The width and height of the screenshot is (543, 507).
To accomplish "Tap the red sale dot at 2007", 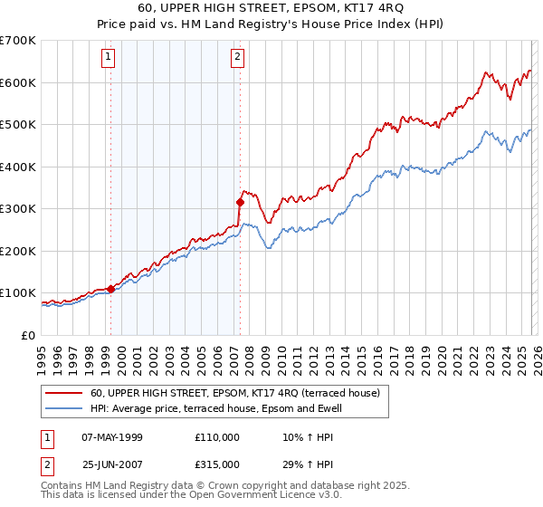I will point(241,203).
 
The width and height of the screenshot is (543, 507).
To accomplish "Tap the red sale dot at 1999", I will point(110,289).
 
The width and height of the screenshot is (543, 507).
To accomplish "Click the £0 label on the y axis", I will point(27,335).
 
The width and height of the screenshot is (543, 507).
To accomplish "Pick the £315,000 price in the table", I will point(216,464).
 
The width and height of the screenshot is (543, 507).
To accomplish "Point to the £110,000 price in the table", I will point(216,437).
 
